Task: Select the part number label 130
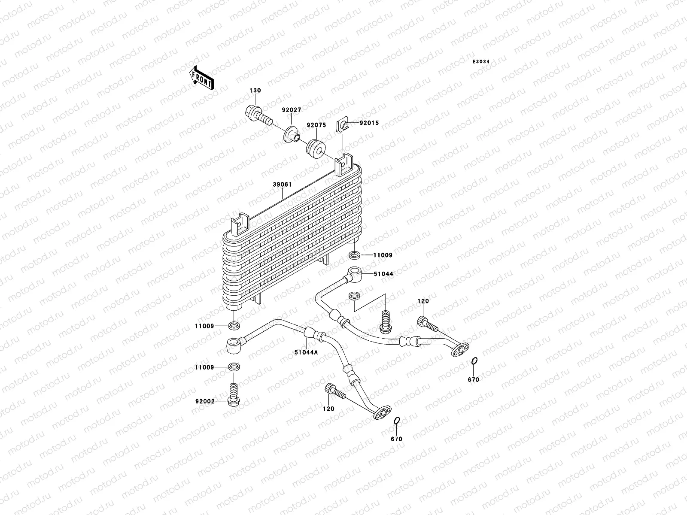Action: (255, 91)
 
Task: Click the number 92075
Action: (316, 125)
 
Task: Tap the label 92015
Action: (369, 123)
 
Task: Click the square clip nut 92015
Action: (343, 124)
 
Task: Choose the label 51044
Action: (383, 273)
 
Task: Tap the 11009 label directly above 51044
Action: (383, 255)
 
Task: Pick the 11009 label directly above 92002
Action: (204, 368)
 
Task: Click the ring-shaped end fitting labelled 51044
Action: (354, 273)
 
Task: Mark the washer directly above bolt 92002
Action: (234, 367)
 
